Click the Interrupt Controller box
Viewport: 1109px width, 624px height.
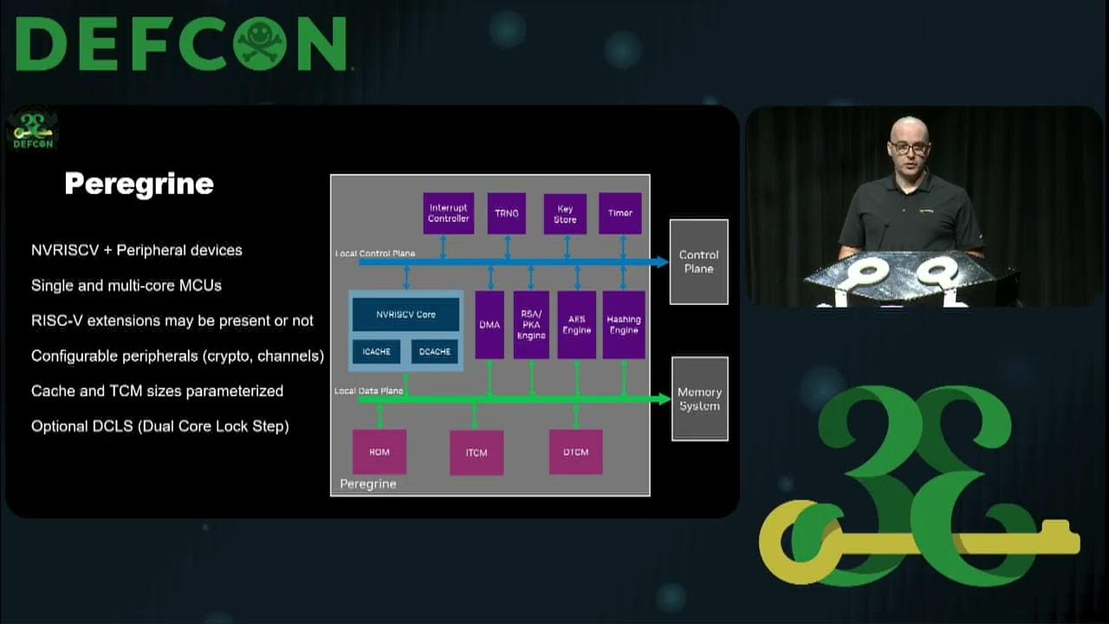point(449,213)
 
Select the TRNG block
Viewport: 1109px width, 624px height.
point(506,213)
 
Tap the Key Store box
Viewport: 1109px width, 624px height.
point(565,214)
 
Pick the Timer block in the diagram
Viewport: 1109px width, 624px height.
point(620,213)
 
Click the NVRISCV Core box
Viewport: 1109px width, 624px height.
point(405,315)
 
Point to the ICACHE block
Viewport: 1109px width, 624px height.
point(376,352)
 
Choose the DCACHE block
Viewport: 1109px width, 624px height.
point(435,352)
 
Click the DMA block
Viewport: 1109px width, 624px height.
point(490,325)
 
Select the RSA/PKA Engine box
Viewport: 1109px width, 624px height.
point(531,325)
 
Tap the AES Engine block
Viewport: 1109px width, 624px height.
point(576,325)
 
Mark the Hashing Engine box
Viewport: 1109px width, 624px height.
point(624,325)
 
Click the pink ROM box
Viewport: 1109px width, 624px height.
point(379,452)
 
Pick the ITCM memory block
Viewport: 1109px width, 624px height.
point(477,452)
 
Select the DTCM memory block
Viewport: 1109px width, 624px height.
point(575,452)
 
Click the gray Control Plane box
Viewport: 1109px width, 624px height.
point(698,262)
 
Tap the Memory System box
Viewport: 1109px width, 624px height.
point(699,399)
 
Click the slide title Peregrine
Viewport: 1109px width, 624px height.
point(139,184)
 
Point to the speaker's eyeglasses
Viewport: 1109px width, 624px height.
point(908,148)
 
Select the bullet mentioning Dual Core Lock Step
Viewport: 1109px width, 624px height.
point(160,426)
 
